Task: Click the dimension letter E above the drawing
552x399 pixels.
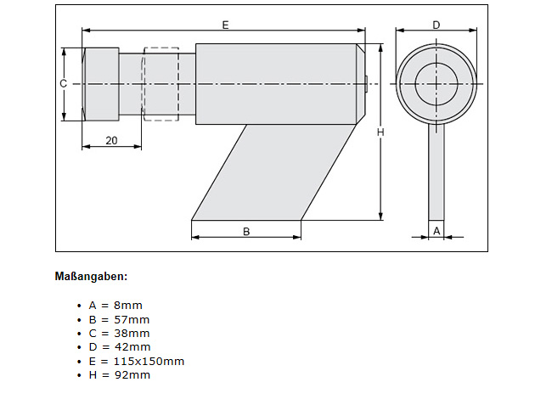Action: pos(225,25)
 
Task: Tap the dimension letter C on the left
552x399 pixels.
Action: pos(63,83)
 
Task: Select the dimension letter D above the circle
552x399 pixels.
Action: pos(436,25)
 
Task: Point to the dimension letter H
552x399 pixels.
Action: pos(380,132)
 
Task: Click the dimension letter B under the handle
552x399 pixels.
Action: pos(246,230)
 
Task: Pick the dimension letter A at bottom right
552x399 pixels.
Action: pos(437,230)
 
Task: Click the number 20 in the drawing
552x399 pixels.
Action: pos(111,141)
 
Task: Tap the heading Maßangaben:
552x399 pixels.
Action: pos(91,277)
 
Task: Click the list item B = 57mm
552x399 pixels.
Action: pos(119,318)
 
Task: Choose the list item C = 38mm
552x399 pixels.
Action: pos(119,333)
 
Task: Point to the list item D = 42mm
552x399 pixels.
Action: pos(120,346)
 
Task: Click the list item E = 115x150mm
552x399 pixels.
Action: pos(136,361)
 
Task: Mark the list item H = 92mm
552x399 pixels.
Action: pos(120,375)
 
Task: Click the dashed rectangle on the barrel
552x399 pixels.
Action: pos(161,83)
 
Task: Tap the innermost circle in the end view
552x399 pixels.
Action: pos(437,82)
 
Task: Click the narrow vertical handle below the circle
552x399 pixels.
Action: pos(437,170)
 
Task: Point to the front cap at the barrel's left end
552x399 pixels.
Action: pos(100,83)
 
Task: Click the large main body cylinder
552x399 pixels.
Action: pos(274,83)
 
